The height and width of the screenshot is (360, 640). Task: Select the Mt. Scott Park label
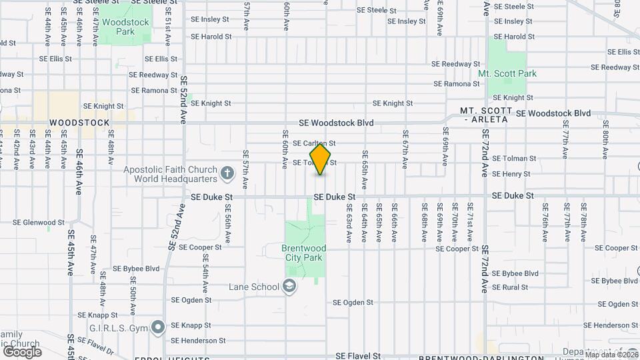507,73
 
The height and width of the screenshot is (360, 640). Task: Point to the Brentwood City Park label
302,252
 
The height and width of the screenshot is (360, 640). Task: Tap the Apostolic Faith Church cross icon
227,175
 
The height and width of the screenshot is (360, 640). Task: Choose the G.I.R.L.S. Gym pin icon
158,327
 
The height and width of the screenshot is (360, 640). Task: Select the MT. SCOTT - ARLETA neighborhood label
485,115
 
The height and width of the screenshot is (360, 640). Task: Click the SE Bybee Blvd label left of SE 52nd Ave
137,269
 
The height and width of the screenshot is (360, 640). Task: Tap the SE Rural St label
509,287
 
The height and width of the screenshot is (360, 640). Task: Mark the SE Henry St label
511,174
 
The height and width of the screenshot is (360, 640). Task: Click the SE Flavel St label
358,357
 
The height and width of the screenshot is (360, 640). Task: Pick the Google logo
22,351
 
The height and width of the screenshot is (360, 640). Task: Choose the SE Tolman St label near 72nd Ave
514,159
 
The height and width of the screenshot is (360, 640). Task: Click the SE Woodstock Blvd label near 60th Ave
336,123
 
